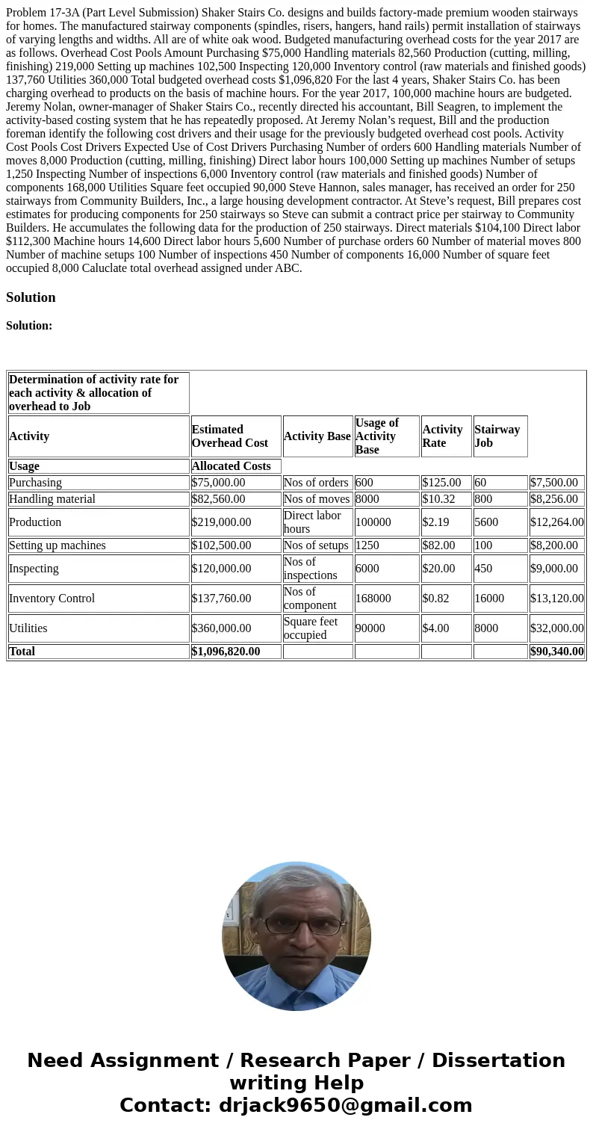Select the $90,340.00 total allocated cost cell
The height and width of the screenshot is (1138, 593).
(556, 652)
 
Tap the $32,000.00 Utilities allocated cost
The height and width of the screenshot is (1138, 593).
(556, 628)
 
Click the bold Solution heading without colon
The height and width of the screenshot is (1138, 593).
(31, 297)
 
